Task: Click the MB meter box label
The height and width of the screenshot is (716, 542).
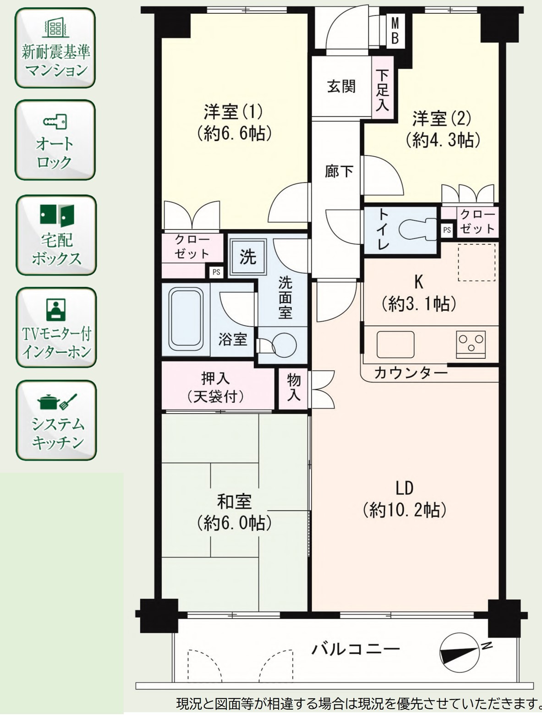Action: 395,31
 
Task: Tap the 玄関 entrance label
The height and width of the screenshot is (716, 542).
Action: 341,87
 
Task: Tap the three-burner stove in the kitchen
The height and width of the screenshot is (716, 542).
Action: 471,344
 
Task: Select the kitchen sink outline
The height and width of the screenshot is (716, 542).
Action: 395,344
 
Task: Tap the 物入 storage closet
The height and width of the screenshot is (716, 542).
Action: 293,388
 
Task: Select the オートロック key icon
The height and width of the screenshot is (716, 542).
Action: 55,122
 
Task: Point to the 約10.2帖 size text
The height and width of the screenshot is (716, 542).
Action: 405,510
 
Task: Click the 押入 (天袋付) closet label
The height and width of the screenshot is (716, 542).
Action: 215,388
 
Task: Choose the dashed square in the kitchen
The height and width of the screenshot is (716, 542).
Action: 476,262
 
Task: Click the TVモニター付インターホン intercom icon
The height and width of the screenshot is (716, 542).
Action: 56,309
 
